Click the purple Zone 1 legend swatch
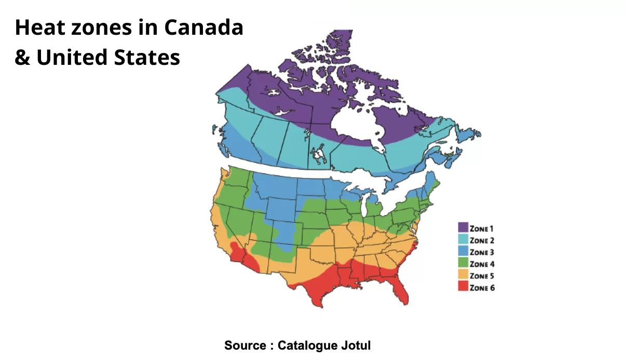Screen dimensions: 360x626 tap(463, 228)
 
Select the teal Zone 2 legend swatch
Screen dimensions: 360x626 tap(463, 240)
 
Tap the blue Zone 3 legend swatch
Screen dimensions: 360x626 tap(463, 252)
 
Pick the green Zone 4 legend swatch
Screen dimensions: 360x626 tap(463, 264)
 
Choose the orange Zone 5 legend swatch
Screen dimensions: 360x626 tap(463, 275)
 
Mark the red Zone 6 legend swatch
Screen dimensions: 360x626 tap(463, 287)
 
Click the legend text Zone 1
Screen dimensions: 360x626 tap(482, 228)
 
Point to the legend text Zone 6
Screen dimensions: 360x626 tap(482, 287)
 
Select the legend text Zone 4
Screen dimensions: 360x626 tap(482, 264)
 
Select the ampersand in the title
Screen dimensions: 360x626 tap(22, 58)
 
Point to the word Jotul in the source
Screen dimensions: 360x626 tap(357, 345)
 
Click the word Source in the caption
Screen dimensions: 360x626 tap(244, 345)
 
